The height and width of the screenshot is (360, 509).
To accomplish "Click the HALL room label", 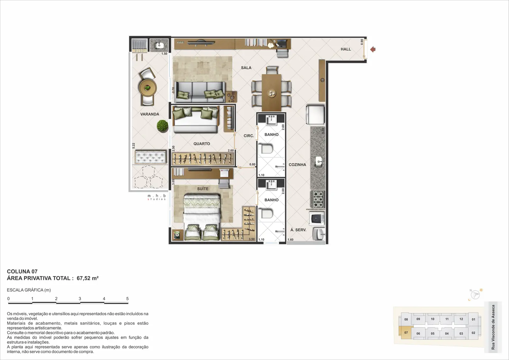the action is click(345, 49).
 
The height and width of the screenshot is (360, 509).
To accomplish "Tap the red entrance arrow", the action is click(373, 49).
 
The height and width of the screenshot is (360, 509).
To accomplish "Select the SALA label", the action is click(246, 68).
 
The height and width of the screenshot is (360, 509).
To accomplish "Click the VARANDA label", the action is click(150, 114).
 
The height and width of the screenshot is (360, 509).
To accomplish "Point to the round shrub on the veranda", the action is click(163, 126).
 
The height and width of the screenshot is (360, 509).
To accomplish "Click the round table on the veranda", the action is click(148, 88).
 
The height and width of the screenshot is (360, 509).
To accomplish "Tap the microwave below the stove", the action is click(317, 218).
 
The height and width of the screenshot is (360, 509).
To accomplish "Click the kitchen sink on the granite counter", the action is click(319, 162).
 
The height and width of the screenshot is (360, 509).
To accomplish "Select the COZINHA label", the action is click(297, 165).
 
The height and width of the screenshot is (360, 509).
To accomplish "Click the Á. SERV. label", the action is click(298, 230).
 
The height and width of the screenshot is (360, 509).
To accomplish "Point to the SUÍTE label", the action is click(203, 189).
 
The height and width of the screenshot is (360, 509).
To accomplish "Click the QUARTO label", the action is click(202, 144).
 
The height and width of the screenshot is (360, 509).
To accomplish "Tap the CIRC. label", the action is click(248, 136).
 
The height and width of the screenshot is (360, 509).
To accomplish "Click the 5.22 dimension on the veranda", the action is click(134, 146).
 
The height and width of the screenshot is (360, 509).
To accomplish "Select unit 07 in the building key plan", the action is click(406, 333).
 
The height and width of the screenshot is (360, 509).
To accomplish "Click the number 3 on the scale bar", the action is click(80, 299).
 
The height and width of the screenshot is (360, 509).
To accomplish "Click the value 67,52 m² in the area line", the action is click(87, 278).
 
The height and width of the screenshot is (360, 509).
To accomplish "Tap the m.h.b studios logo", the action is click(157, 197).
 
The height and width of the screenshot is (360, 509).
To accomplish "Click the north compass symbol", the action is click(475, 295).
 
